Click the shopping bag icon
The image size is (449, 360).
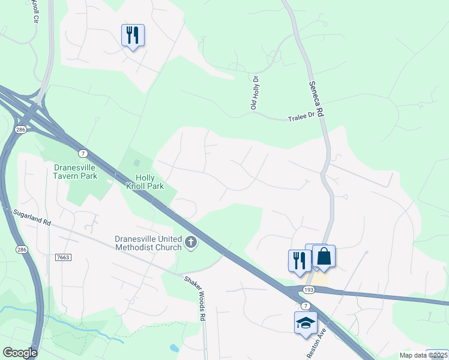coord(324,257)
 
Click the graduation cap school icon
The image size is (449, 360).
coord(306,322)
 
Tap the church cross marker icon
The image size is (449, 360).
coord(191,243)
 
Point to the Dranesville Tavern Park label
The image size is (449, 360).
coord(76,172)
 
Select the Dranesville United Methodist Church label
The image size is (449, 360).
coord(148,243)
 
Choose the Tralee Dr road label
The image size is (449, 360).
coord(303,118)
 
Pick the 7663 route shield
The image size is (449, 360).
coord(63,257)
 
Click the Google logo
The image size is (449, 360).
coord(20,353)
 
